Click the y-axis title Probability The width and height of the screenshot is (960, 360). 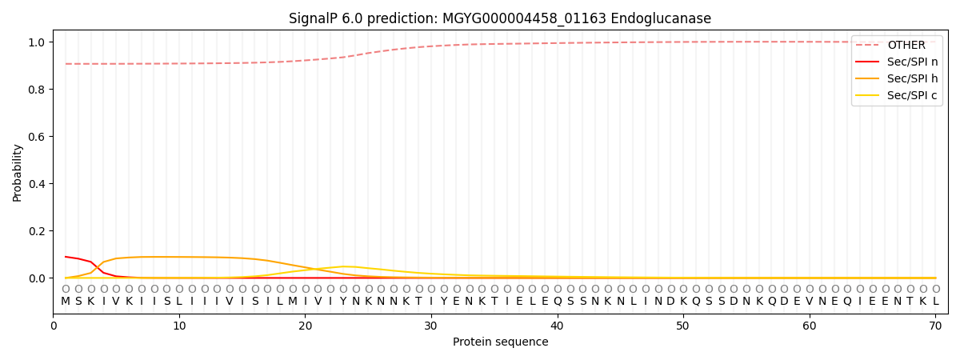point(18,172)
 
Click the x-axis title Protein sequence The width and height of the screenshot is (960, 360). point(500,342)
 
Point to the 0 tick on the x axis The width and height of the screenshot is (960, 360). point(54,326)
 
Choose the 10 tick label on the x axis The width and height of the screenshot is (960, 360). point(179,326)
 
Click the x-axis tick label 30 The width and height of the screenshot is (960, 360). point(431,326)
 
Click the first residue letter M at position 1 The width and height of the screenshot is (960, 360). point(66,302)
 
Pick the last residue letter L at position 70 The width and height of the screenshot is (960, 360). point(935,302)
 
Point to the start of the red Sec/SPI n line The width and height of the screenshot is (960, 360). point(66,257)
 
